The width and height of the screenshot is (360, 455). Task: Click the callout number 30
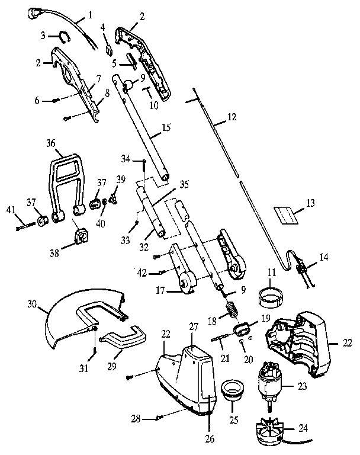click(32, 306)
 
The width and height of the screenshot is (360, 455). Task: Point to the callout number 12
click(231, 118)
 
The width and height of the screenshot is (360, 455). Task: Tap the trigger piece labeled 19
click(242, 328)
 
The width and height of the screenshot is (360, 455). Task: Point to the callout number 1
click(91, 12)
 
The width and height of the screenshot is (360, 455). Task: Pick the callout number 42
click(142, 273)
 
